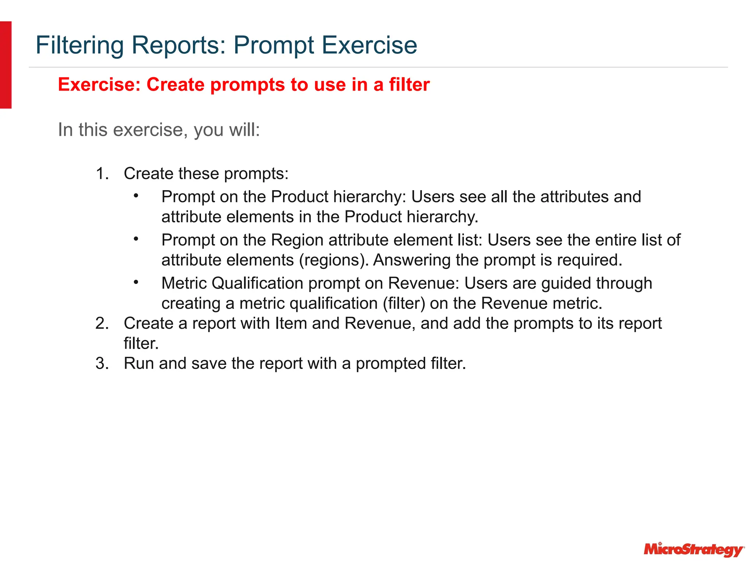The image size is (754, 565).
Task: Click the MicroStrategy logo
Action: tap(694, 549)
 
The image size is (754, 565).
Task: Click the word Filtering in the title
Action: tap(79, 45)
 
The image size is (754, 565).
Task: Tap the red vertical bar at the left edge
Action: tap(6, 65)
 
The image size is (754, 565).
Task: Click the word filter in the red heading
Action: tap(409, 85)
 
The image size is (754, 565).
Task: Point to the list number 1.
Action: tap(102, 174)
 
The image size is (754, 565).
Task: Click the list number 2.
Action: tap(102, 323)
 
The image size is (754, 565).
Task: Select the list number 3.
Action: tap(102, 363)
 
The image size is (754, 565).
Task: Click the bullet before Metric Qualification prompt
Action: tap(136, 282)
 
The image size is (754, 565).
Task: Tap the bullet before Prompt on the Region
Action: tap(136, 239)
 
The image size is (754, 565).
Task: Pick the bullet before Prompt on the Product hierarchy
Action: tap(136, 196)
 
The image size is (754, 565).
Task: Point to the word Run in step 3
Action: tap(139, 363)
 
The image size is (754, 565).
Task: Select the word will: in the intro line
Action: tap(244, 130)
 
